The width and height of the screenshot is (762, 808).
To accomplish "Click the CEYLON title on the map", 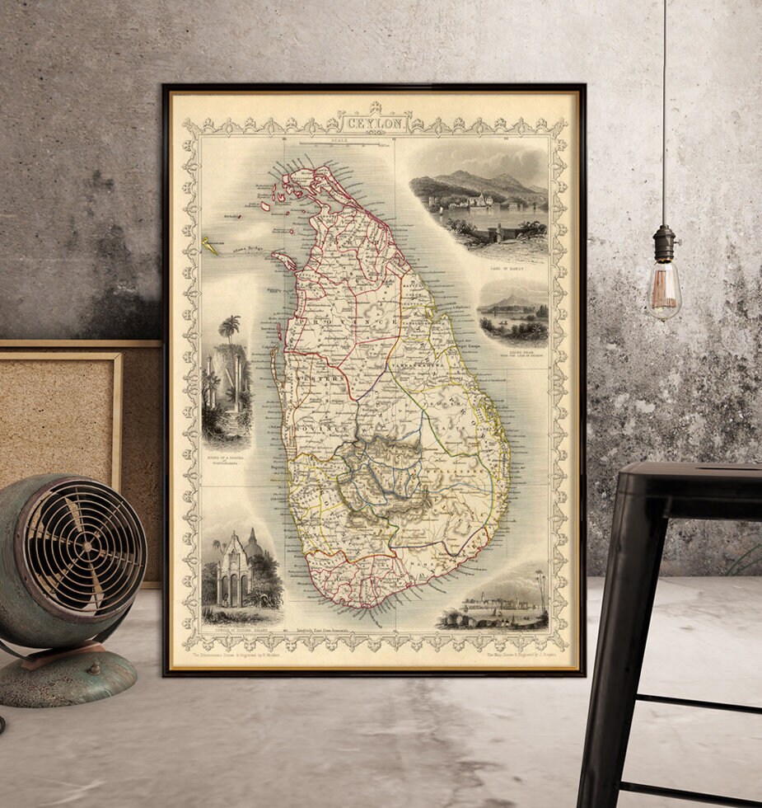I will click(x=375, y=124).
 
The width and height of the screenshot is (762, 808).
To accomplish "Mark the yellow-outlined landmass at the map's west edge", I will click(x=210, y=246).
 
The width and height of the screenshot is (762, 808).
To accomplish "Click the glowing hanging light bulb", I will click(x=663, y=289).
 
